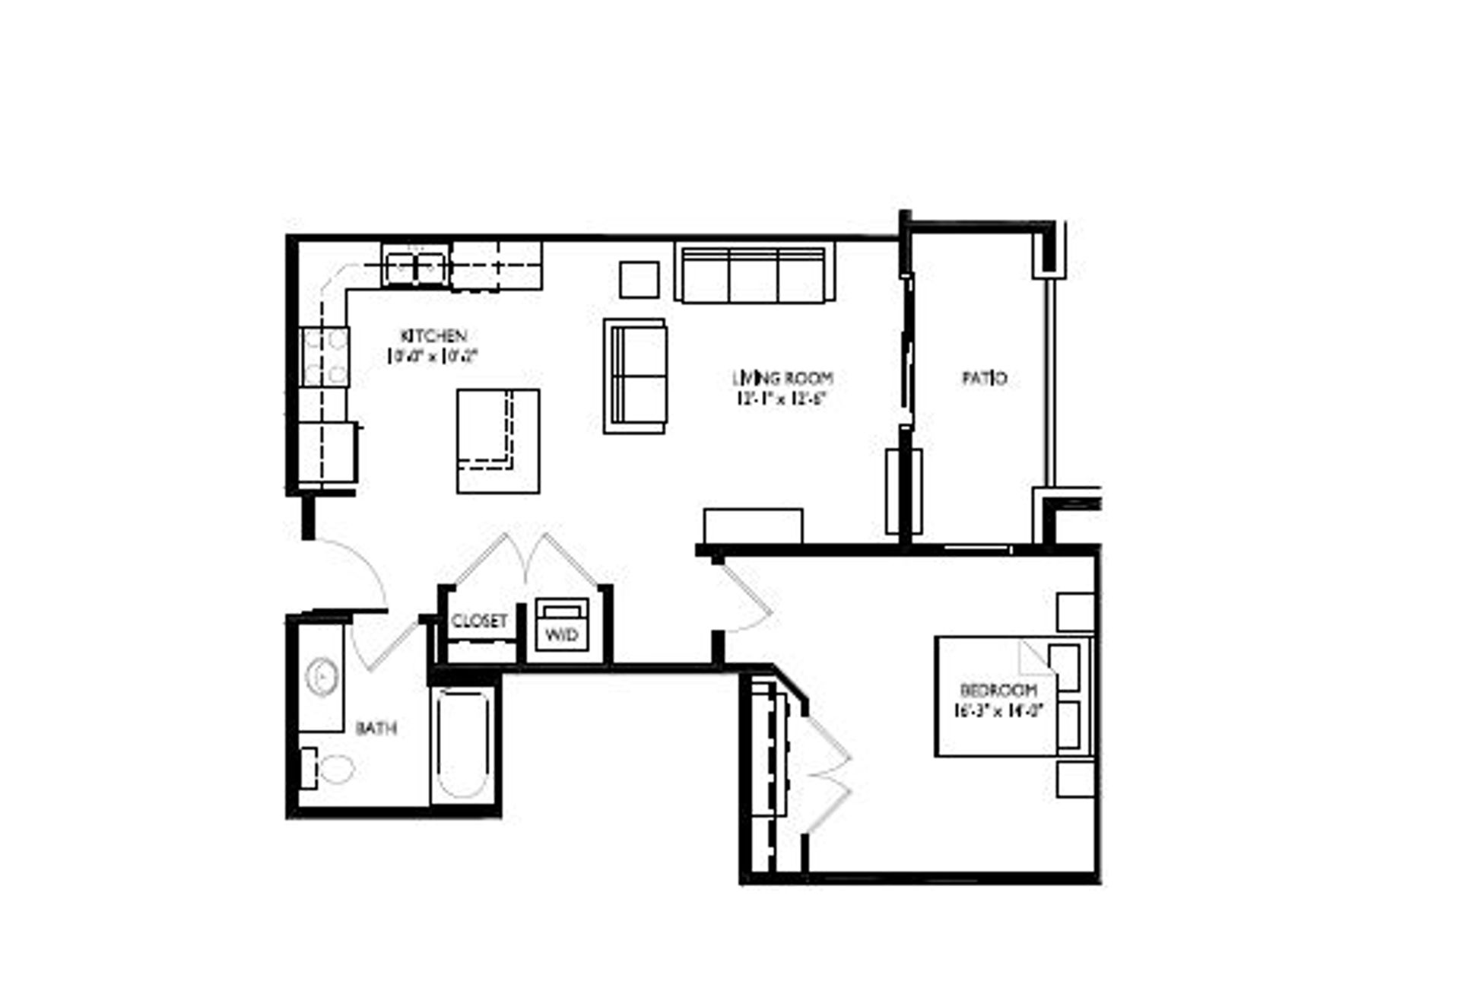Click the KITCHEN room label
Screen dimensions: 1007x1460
point(433,335)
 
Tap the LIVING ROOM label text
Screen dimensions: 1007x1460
point(782,377)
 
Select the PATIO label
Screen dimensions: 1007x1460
point(985,378)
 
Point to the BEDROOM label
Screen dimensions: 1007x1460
point(998,691)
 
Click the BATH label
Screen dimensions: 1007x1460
point(376,729)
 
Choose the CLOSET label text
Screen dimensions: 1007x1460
point(479,621)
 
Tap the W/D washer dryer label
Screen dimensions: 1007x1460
point(562,634)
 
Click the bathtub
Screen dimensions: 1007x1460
point(462,744)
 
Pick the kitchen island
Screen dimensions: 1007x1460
point(498,441)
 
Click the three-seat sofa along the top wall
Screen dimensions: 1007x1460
point(753,274)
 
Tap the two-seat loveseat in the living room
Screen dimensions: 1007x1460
point(636,376)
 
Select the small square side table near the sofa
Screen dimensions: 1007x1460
point(639,280)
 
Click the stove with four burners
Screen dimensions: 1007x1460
point(325,356)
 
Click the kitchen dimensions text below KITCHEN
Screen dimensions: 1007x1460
point(433,355)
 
